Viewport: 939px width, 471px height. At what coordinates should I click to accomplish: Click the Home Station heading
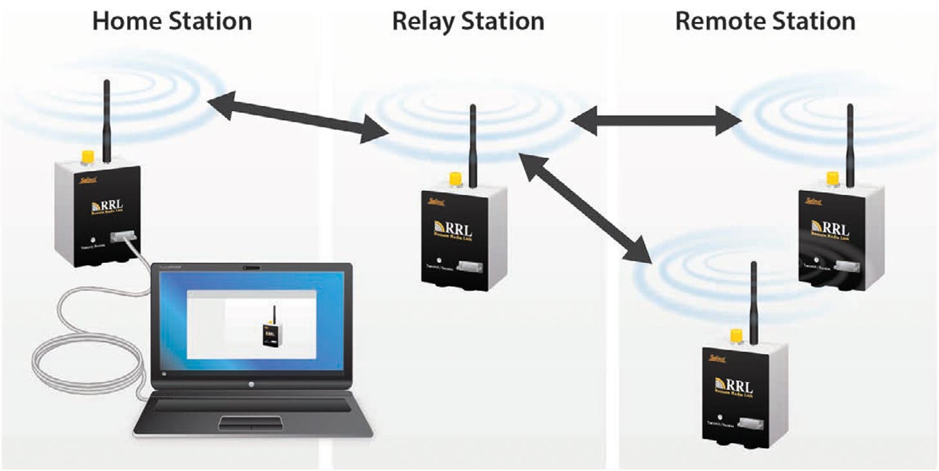172,21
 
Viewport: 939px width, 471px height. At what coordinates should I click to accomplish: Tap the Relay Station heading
468,21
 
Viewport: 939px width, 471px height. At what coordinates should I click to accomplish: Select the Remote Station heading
765,21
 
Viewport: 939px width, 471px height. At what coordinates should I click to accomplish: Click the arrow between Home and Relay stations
297,117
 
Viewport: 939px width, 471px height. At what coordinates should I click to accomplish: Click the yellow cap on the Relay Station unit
455,178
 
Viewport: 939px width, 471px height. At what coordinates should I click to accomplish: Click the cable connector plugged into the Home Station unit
122,238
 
